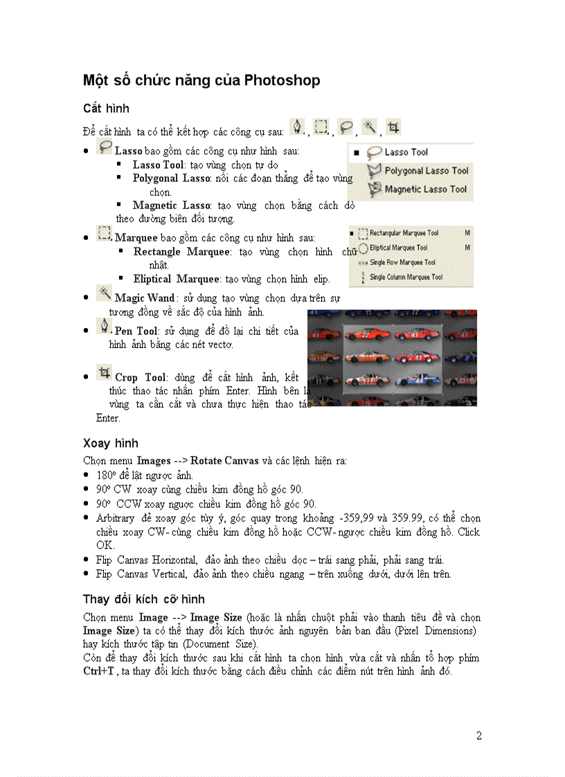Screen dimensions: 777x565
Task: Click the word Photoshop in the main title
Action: click(282, 80)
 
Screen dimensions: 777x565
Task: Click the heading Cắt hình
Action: click(106, 109)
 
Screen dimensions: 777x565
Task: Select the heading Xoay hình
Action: click(110, 443)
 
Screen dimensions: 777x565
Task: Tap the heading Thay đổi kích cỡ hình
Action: click(144, 598)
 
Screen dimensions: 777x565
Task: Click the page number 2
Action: click(478, 735)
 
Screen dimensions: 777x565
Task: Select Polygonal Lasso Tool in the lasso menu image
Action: click(426, 170)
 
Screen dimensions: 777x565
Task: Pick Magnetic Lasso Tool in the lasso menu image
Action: click(425, 189)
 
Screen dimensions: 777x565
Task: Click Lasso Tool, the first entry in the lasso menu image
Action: click(406, 152)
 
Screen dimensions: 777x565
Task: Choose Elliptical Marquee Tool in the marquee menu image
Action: click(398, 248)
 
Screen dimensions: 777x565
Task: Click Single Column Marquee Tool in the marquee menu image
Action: click(406, 277)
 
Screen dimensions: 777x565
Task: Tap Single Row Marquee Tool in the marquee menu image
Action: click(402, 262)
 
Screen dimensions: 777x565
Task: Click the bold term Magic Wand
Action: click(144, 298)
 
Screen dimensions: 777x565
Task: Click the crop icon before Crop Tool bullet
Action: click(104, 374)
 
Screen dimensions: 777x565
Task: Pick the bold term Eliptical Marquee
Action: click(176, 280)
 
